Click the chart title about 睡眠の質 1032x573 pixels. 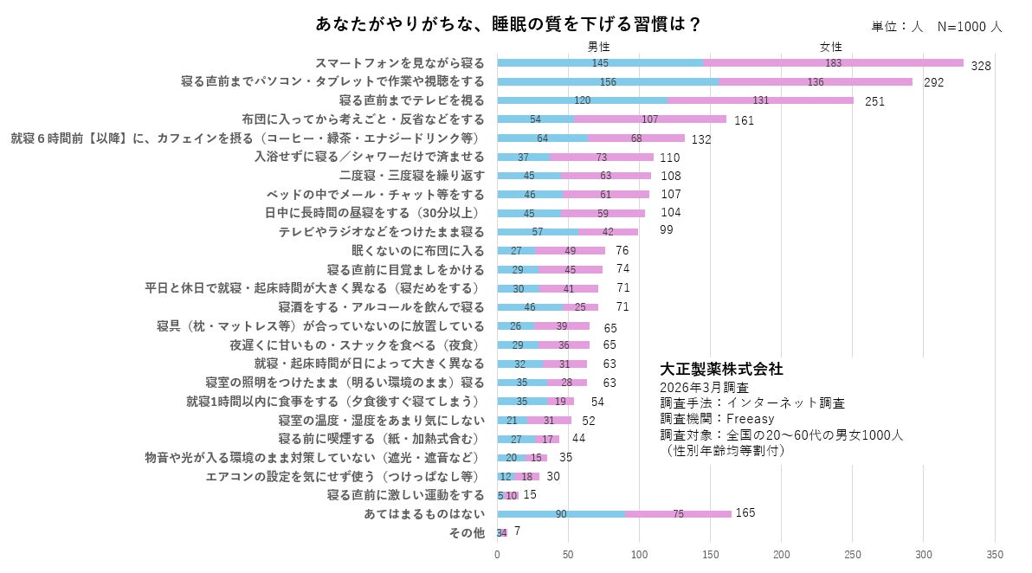508,24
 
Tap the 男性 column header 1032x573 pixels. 599,47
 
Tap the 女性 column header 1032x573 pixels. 831,47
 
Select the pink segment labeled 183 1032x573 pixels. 833,63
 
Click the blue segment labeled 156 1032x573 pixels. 607,81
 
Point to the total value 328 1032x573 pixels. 980,66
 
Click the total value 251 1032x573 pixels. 874,102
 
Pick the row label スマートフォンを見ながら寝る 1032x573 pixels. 399,63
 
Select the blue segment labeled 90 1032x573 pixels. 561,514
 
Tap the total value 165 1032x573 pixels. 745,513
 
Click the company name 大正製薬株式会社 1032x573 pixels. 721,369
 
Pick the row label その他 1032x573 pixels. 467,533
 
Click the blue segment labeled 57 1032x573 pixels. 538,232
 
